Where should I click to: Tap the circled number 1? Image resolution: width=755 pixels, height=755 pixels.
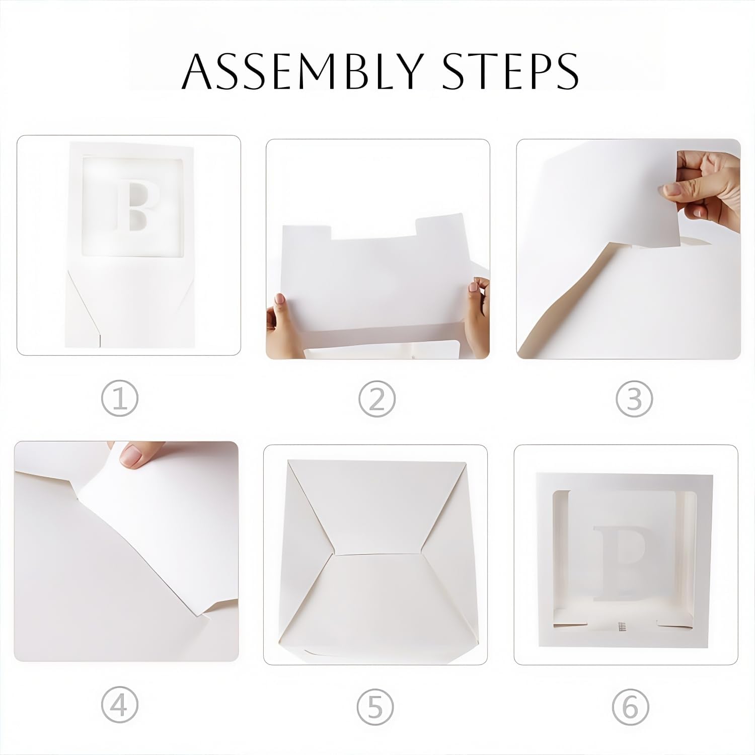tap(119, 398)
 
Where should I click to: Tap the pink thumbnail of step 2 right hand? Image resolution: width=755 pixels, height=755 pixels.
tap(473, 287)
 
